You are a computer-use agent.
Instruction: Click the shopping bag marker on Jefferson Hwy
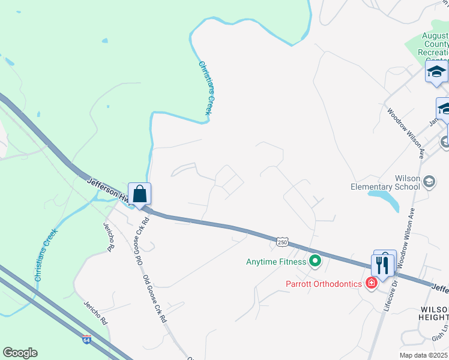(139, 194)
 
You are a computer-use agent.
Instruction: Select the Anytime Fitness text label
(276, 262)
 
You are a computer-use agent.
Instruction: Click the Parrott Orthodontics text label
(324, 283)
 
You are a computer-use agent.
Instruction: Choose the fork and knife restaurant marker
(382, 264)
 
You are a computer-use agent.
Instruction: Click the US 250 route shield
(283, 242)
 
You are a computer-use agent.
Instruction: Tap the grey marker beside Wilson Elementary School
(429, 181)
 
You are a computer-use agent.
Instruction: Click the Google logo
(20, 353)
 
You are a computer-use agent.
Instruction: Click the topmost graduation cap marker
(436, 73)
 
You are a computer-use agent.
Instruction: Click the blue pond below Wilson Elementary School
(384, 199)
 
